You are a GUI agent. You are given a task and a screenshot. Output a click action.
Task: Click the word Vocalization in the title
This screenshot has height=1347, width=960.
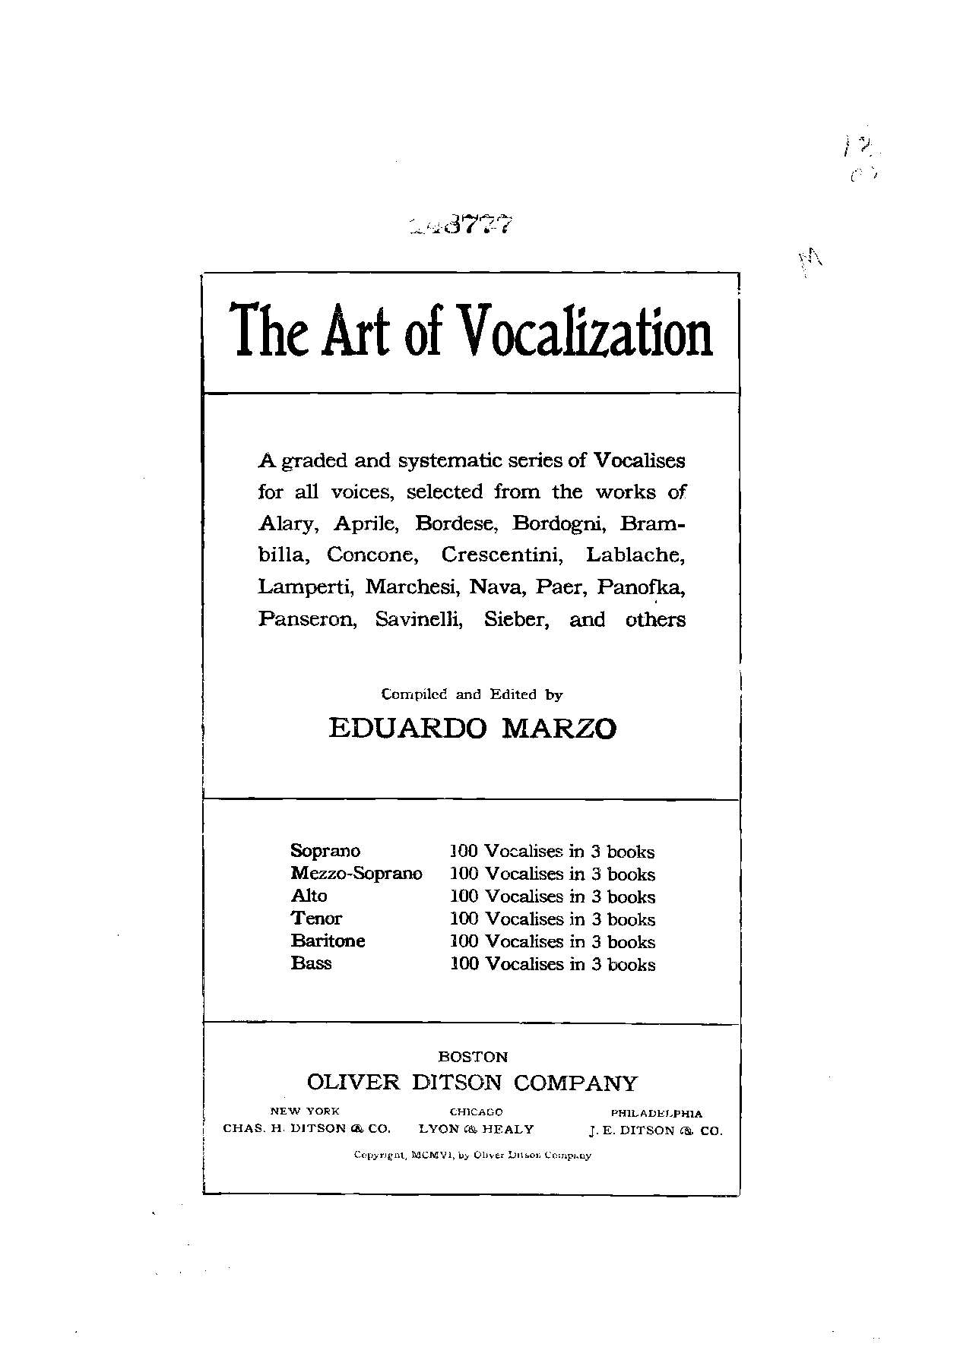coord(586,334)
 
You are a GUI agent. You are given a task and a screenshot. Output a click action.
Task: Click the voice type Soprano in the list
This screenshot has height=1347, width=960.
coord(325,851)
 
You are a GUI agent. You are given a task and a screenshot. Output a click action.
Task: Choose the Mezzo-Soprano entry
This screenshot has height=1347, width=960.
coord(356,874)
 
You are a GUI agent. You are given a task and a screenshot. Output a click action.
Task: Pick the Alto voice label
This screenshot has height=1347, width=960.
coord(309,896)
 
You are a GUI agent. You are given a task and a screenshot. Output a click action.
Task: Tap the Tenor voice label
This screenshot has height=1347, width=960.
coord(316,919)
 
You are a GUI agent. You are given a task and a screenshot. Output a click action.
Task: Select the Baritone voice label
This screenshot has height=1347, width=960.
coord(328,941)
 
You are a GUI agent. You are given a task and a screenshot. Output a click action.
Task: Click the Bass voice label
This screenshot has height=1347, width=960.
coord(311,963)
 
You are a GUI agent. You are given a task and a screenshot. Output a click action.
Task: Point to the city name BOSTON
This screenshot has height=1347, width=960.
coord(473,1057)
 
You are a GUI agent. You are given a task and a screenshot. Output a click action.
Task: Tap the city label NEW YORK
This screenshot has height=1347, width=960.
coord(305,1111)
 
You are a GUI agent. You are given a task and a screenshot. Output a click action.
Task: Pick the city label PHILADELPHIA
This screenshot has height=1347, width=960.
coord(657,1113)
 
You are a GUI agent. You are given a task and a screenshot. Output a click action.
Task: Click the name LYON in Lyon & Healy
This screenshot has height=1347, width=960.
coord(439,1129)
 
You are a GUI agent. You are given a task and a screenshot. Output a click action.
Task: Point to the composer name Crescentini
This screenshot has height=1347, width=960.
coord(502,555)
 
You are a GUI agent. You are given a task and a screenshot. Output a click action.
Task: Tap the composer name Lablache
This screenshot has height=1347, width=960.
coord(635,555)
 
